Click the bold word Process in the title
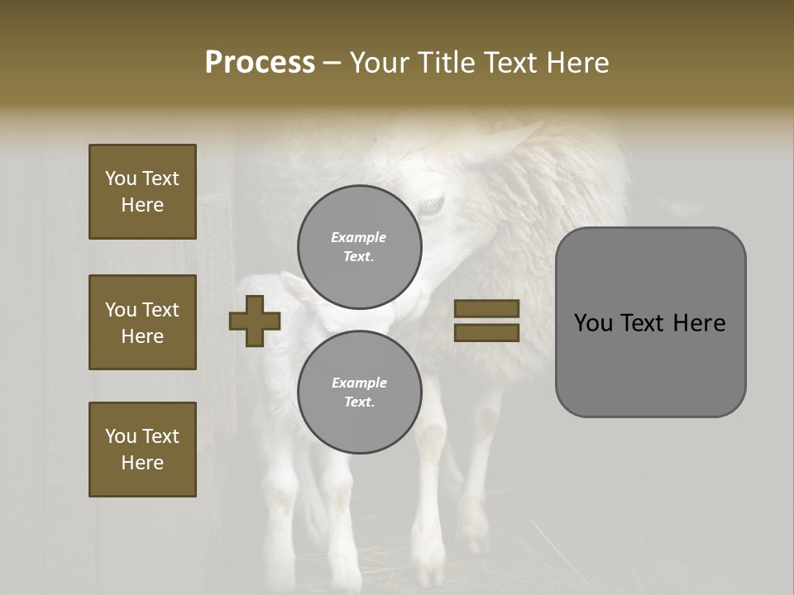260,63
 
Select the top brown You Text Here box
142,192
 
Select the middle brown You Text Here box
142,322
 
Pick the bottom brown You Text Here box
142,449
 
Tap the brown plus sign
255,321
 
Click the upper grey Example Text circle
359,247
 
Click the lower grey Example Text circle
359,393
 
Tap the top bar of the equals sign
486,309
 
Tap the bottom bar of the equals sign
486,332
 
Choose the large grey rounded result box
650,322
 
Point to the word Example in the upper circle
359,238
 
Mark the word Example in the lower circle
359,383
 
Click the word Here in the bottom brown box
142,463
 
